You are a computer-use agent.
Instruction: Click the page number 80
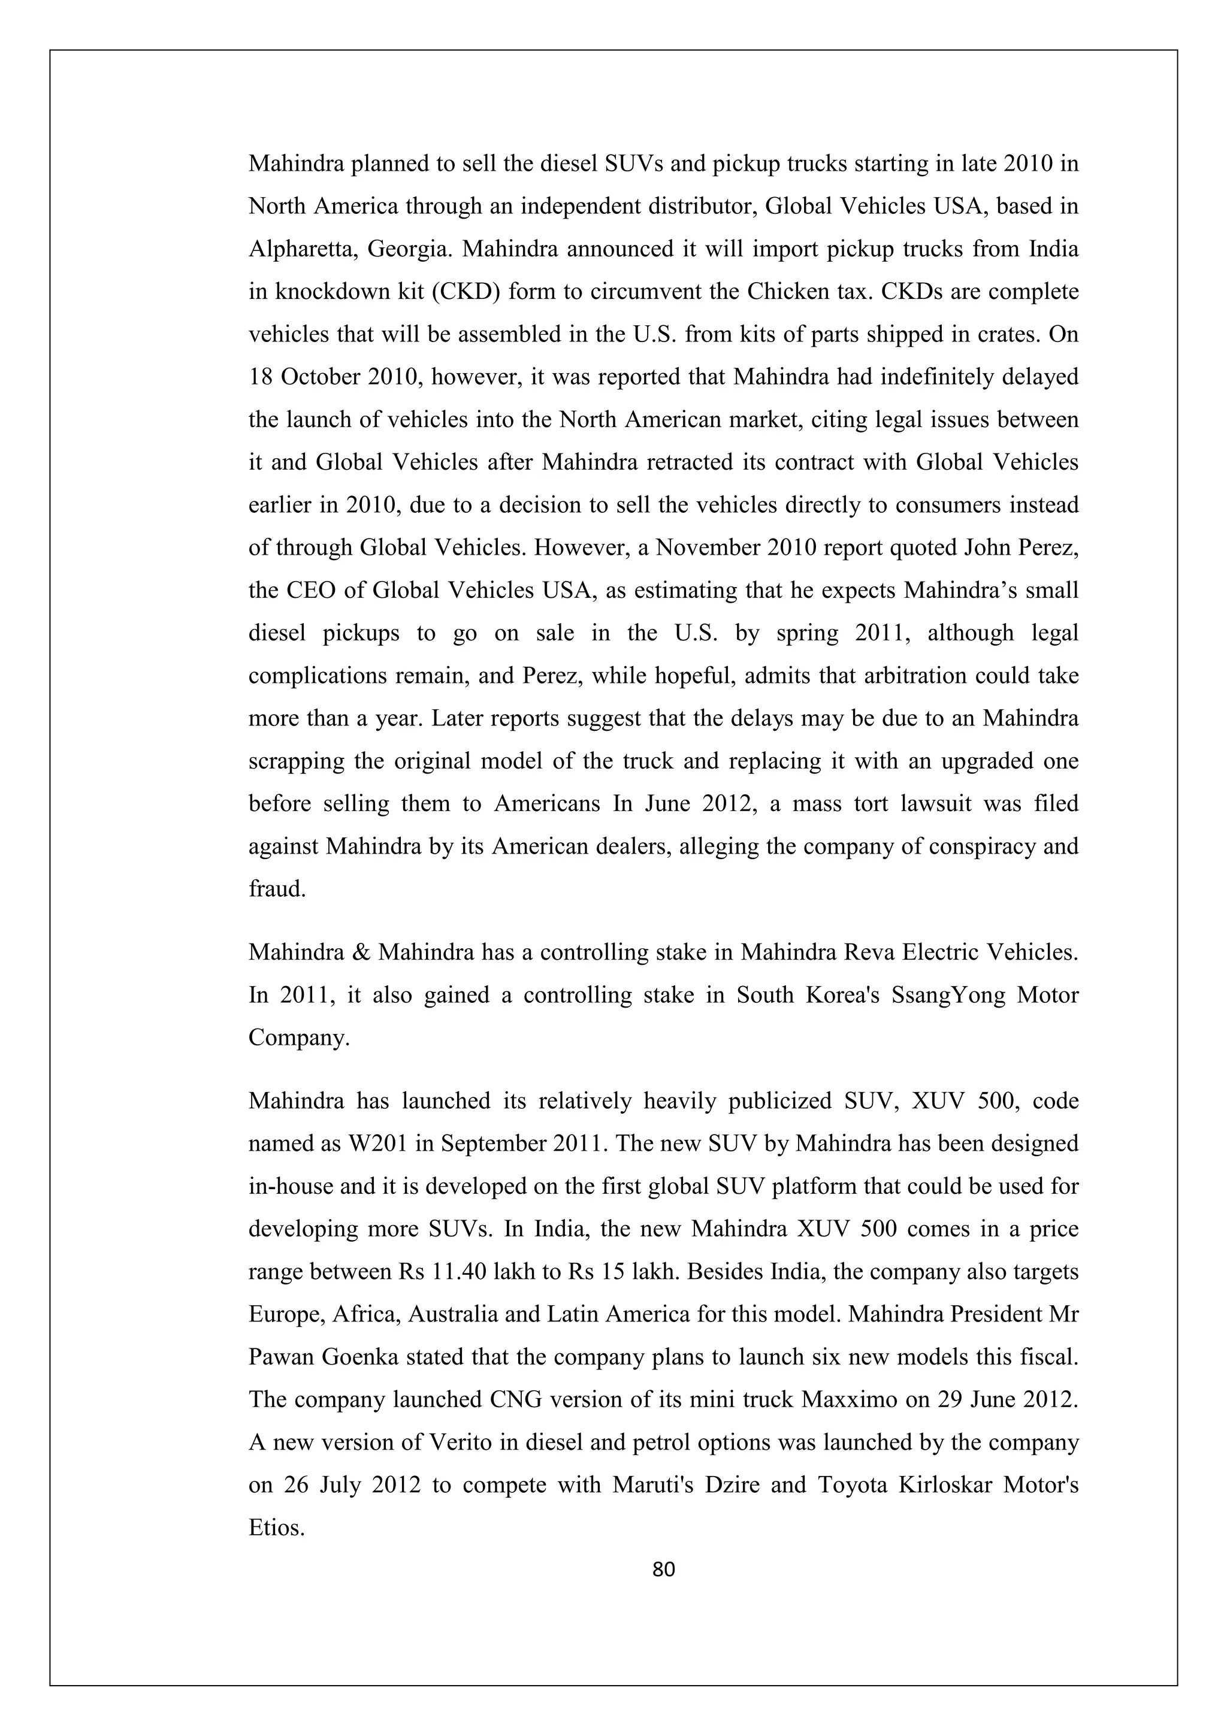pyautogui.click(x=663, y=1571)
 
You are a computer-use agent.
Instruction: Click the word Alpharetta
pyautogui.click(x=301, y=250)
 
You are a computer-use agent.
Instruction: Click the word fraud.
pyautogui.click(x=277, y=888)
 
